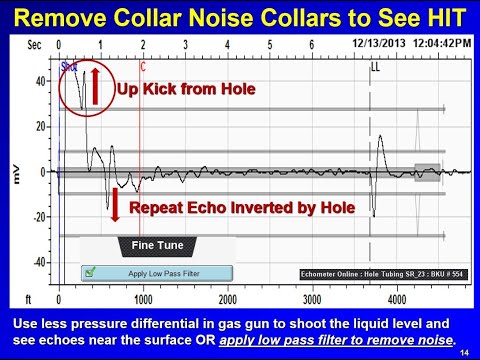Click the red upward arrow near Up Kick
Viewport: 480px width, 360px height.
(x=97, y=87)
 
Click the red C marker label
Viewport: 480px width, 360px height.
(x=144, y=67)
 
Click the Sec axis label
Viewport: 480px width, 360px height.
(x=36, y=46)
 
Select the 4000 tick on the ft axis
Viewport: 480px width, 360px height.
(x=397, y=299)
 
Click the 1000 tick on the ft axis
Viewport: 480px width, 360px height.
(x=143, y=299)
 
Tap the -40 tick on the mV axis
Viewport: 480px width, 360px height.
(x=41, y=263)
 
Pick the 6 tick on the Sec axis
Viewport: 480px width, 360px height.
(x=312, y=46)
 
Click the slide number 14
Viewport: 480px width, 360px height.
(x=465, y=351)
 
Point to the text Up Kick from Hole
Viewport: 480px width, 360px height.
(x=187, y=89)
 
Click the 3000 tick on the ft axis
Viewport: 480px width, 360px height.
(x=312, y=299)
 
